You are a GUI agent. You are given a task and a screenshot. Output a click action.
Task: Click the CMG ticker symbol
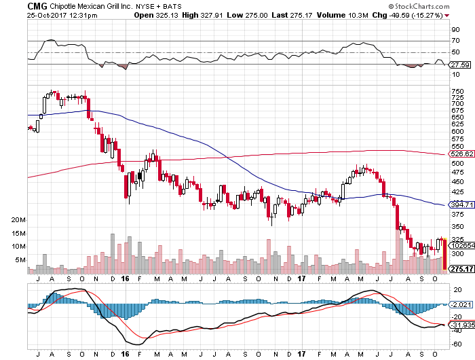(x=37, y=5)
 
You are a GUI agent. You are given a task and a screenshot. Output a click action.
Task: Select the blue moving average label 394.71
(x=461, y=204)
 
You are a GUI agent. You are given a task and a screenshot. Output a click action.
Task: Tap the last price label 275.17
(x=461, y=270)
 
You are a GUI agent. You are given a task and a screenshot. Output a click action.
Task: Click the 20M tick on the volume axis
(x=18, y=221)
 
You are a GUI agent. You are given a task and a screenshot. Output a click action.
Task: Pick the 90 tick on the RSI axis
(x=455, y=29)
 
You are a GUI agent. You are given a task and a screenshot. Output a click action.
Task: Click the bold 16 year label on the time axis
(x=125, y=278)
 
